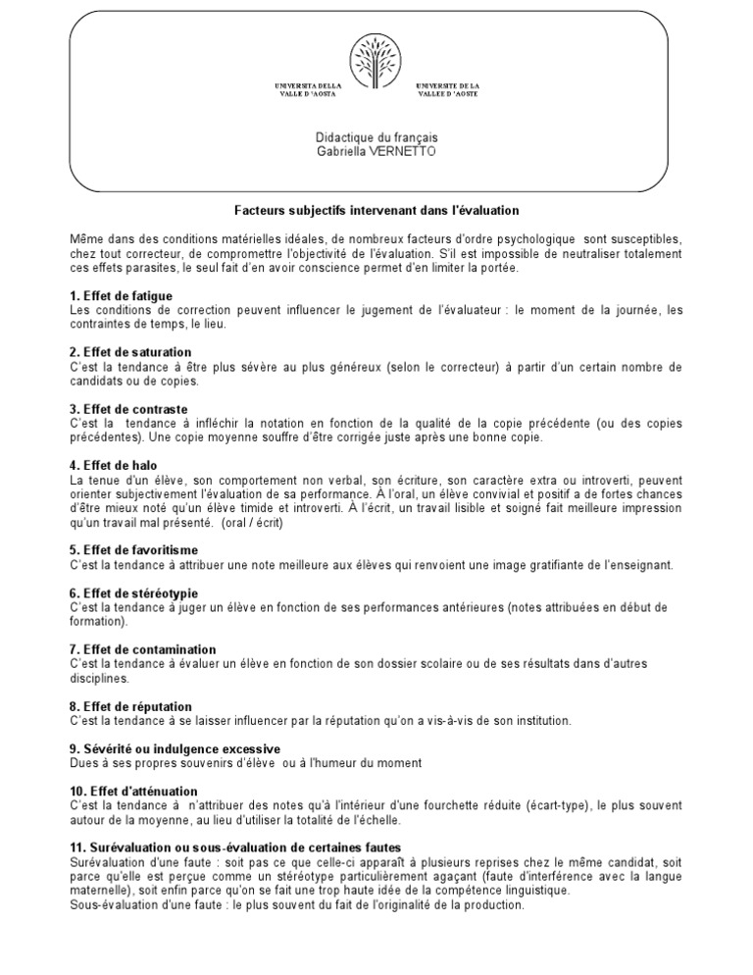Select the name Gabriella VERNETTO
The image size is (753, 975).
tap(376, 153)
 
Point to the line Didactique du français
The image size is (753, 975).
tap(376, 139)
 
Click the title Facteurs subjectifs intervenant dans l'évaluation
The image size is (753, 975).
tap(376, 211)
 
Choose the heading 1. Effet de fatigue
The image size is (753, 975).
tap(122, 295)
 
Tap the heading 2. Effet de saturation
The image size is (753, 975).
tap(129, 352)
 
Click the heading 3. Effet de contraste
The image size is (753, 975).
tap(128, 409)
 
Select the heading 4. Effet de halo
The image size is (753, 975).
tap(115, 465)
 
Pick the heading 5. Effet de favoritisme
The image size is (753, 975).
tap(134, 550)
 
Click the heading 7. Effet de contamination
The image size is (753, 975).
tap(143, 649)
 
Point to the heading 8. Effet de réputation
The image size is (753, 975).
tap(131, 706)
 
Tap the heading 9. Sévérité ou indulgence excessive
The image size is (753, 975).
tap(175, 748)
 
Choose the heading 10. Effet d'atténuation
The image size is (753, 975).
tap(134, 791)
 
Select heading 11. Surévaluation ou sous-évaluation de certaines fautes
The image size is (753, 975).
tap(235, 847)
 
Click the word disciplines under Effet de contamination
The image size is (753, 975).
tap(98, 678)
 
